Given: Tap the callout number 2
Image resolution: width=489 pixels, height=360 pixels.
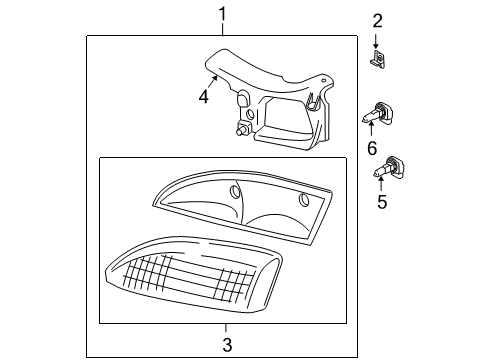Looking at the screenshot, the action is tap(378, 20).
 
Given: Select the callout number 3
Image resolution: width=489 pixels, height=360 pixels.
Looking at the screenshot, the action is tap(226, 345).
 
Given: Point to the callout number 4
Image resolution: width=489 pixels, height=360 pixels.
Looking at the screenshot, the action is tap(203, 97).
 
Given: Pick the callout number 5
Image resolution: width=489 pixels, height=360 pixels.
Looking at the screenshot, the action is tap(379, 201).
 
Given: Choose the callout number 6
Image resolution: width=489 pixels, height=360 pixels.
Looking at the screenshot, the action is tap(372, 147).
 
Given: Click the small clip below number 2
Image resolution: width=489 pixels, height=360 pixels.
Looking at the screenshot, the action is tap(378, 62).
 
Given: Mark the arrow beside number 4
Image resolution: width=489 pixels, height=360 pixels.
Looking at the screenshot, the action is tap(211, 84).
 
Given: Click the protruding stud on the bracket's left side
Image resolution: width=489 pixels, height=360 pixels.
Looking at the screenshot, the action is tap(241, 129).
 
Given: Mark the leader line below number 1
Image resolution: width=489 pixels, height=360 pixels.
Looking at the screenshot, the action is tap(223, 28).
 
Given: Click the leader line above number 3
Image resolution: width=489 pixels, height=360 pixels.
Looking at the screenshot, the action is tap(226, 328).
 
